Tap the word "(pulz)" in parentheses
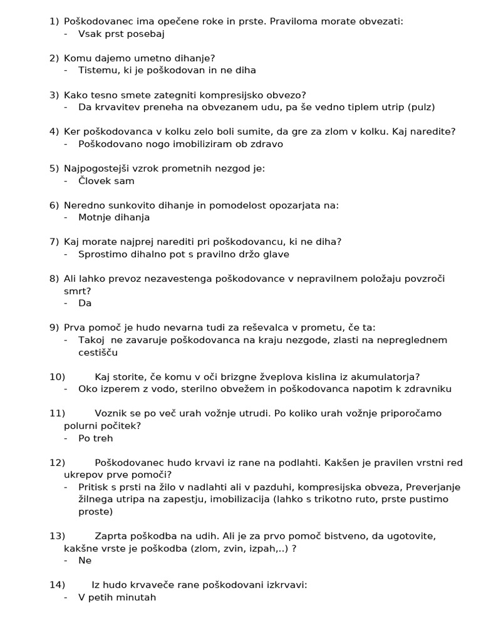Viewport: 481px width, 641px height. click(x=421, y=107)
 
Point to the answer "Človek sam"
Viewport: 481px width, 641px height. click(x=106, y=181)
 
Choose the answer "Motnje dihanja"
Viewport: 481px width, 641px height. click(x=114, y=217)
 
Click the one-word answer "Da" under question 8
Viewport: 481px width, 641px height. click(x=85, y=303)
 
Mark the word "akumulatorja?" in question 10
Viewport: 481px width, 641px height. click(x=388, y=376)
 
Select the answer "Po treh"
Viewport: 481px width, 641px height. click(x=96, y=438)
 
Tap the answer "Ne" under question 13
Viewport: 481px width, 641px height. click(x=85, y=560)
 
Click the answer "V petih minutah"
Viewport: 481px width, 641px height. click(x=117, y=597)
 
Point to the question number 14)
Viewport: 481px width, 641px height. click(x=57, y=585)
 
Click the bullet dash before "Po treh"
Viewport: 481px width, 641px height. click(x=66, y=438)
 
